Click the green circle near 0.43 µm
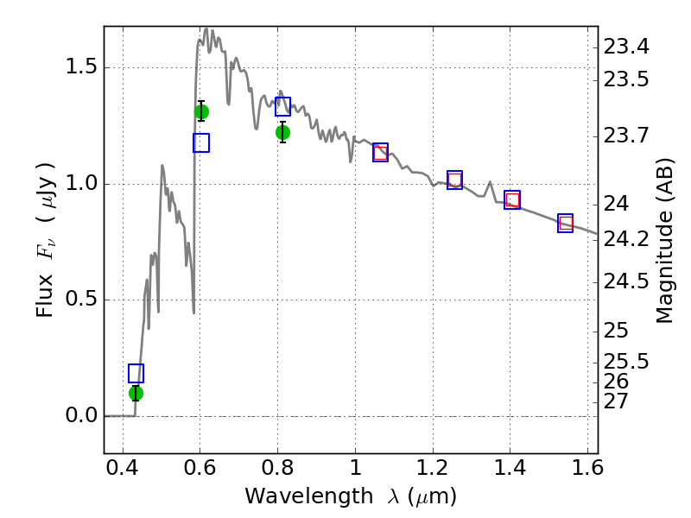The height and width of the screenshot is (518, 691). pyautogui.click(x=136, y=393)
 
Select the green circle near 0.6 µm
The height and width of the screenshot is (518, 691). pyautogui.click(x=201, y=111)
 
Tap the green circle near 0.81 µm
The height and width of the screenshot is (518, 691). pyautogui.click(x=282, y=132)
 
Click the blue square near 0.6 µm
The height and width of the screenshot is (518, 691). pyautogui.click(x=201, y=143)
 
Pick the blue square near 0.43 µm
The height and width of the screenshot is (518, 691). pyautogui.click(x=136, y=373)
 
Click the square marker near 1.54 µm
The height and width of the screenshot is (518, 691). pyautogui.click(x=566, y=224)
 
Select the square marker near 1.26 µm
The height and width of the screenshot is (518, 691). pyautogui.click(x=455, y=180)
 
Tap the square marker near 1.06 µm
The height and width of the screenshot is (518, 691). pyautogui.click(x=380, y=153)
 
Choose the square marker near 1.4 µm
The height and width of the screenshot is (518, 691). pyautogui.click(x=512, y=200)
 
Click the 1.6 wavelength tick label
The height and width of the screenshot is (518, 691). pyautogui.click(x=586, y=471)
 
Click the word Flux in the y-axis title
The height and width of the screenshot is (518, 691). pyautogui.click(x=46, y=295)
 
